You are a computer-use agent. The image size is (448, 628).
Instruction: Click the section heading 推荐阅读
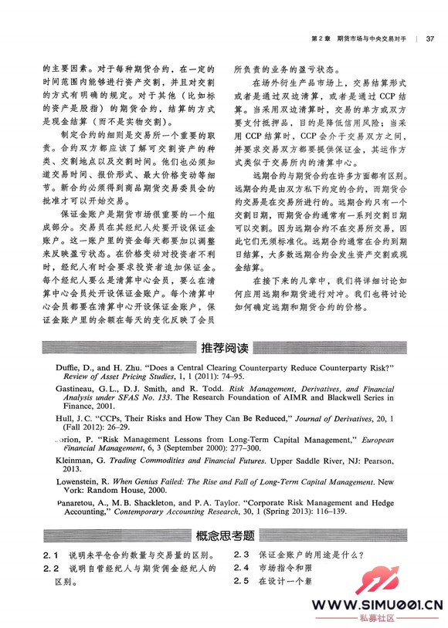click(224, 346)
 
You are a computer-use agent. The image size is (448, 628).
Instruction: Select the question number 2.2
click(53, 570)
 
